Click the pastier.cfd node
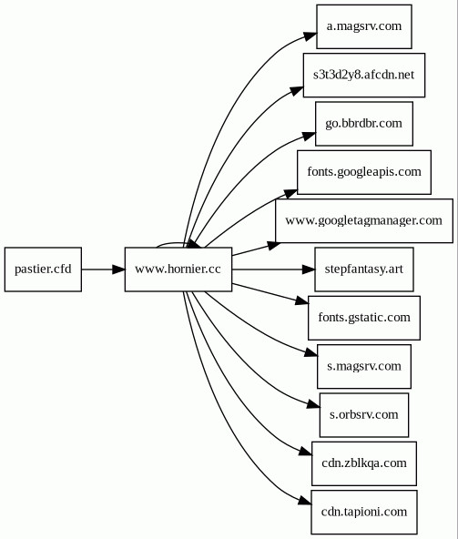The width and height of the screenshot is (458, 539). pyautogui.click(x=43, y=269)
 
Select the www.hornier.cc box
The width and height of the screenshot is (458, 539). pyautogui.click(x=178, y=269)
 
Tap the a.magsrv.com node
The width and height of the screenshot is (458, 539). pyautogui.click(x=364, y=26)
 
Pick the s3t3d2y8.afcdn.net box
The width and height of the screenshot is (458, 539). pyautogui.click(x=364, y=75)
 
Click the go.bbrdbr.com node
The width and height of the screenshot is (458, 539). pyautogui.click(x=364, y=124)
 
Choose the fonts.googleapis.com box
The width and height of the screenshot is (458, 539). pyautogui.click(x=364, y=172)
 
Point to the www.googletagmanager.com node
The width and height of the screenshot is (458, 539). pyautogui.click(x=364, y=220)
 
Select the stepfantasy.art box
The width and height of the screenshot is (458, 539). pyautogui.click(x=364, y=269)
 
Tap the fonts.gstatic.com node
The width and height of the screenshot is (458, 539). pyautogui.click(x=364, y=318)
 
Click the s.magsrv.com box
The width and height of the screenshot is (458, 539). pyautogui.click(x=364, y=366)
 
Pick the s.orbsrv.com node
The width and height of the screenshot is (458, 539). pyautogui.click(x=364, y=415)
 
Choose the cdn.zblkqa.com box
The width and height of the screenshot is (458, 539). pyautogui.click(x=364, y=463)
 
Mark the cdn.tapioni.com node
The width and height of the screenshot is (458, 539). pyautogui.click(x=364, y=512)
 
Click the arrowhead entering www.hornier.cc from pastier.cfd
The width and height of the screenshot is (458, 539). pyautogui.click(x=119, y=269)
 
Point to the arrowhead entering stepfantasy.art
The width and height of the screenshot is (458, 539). pyautogui.click(x=309, y=269)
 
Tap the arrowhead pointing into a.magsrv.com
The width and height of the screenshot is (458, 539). pyautogui.click(x=310, y=36)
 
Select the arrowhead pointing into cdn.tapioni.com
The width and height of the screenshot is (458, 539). pyautogui.click(x=305, y=501)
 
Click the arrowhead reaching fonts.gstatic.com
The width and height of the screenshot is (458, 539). pyautogui.click(x=302, y=301)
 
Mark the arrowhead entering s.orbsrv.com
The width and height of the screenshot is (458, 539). pyautogui.click(x=313, y=404)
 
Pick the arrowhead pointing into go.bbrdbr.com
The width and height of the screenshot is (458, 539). pyautogui.click(x=310, y=136)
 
